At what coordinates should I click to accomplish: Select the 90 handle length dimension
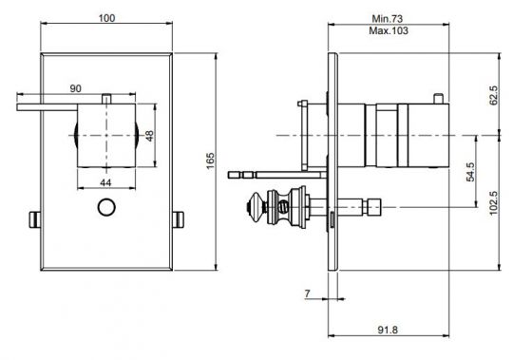point(74,88)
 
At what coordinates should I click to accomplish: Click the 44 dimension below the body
point(104,182)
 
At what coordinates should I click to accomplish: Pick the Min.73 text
point(387,19)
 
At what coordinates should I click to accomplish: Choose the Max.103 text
point(387,31)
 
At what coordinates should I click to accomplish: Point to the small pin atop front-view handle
point(109,96)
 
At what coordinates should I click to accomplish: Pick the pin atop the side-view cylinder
point(437,99)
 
